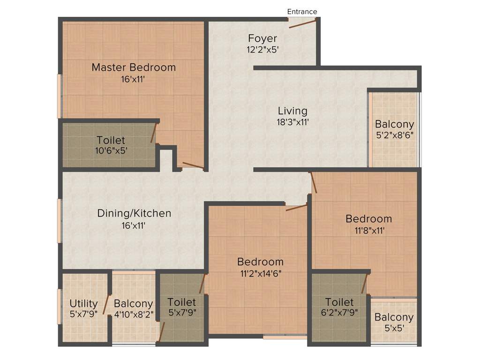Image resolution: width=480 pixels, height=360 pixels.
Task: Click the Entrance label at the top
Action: pos(302,11)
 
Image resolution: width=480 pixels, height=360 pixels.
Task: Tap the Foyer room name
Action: pos(262,38)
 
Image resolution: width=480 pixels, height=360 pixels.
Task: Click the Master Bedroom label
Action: pos(134,67)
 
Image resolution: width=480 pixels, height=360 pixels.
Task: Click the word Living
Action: pos(292,111)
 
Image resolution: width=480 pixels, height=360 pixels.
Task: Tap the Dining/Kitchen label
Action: pos(134,213)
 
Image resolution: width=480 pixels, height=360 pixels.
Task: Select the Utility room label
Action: pos(83,303)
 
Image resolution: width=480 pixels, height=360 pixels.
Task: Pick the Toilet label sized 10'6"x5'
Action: pos(111,140)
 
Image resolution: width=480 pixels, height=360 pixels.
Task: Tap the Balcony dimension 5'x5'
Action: pos(394,328)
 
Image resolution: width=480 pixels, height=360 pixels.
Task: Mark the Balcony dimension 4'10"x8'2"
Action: pos(134,314)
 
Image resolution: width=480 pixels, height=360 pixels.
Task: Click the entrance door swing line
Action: pos(302,23)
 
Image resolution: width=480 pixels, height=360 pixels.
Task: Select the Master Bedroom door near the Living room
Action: pos(193,165)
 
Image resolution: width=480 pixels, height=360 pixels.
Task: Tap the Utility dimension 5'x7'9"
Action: pos(83,314)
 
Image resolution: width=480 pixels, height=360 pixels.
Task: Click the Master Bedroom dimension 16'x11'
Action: pos(134,79)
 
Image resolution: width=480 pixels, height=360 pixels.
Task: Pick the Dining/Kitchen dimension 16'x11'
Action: pos(134,225)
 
